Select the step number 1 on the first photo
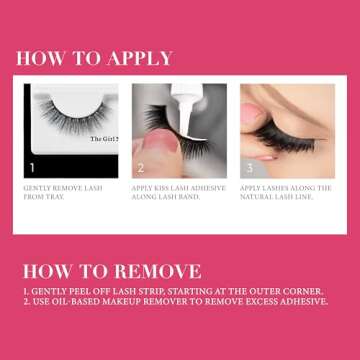32,169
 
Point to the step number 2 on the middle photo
141,169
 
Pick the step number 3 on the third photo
249,169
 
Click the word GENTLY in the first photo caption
39,188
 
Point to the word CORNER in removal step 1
302,289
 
